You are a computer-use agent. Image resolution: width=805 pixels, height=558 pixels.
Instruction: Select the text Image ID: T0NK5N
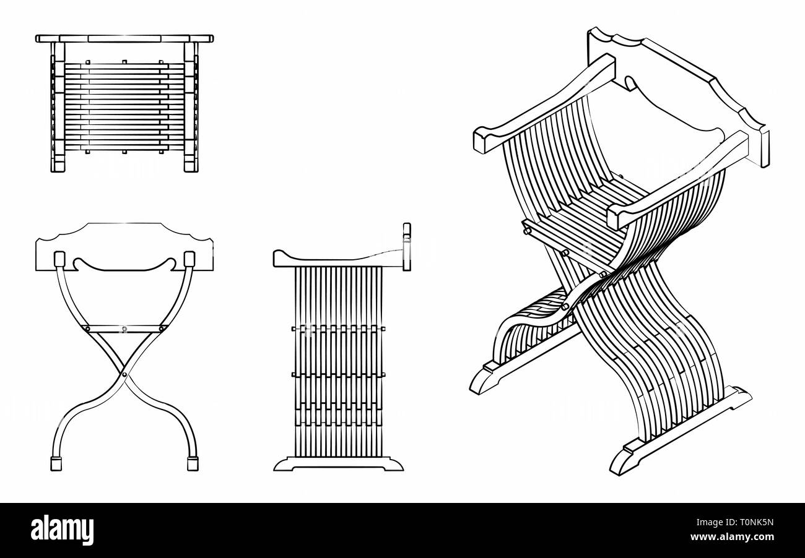pyautogui.click(x=735, y=522)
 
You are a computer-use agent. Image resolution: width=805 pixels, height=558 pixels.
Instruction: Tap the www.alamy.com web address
pyautogui.click(x=732, y=537)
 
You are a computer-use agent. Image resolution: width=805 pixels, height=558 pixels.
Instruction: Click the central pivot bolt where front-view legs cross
pyautogui.click(x=124, y=374)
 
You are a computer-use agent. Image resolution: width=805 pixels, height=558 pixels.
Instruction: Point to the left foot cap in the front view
pyautogui.click(x=56, y=463)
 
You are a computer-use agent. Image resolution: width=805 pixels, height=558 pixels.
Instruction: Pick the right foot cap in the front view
pyautogui.click(x=193, y=463)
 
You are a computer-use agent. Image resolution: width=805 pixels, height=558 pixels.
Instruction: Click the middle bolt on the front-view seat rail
pyautogui.click(x=124, y=328)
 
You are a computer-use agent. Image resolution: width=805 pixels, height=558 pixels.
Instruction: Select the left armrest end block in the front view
pyautogui.click(x=59, y=259)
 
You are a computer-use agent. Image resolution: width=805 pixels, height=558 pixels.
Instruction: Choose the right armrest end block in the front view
pyautogui.click(x=189, y=259)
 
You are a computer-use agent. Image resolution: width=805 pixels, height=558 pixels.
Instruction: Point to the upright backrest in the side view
pyautogui.click(x=407, y=247)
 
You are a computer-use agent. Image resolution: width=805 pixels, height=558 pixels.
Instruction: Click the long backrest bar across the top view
pyautogui.click(x=124, y=39)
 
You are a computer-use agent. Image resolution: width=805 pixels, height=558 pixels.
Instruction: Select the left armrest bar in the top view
pyautogui.click(x=58, y=107)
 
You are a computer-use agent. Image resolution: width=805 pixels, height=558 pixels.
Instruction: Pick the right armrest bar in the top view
pyautogui.click(x=191, y=107)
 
